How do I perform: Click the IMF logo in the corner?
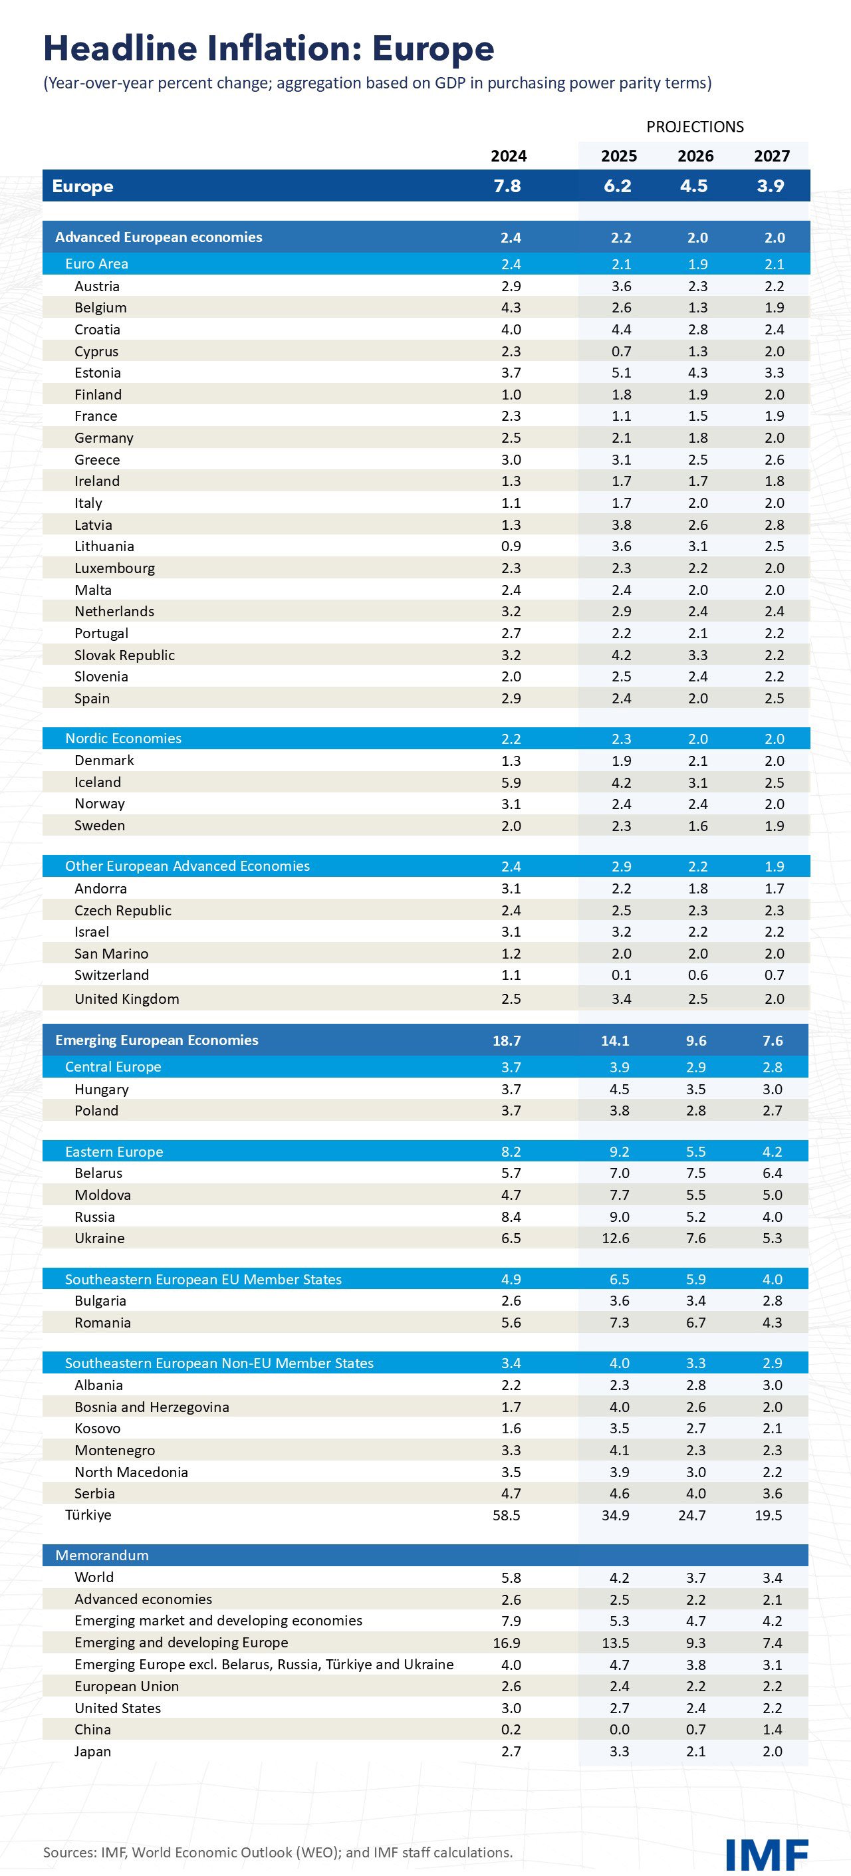click(767, 1853)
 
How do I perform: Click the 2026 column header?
click(695, 156)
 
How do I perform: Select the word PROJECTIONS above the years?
click(694, 127)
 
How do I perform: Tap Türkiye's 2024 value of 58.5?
click(507, 1515)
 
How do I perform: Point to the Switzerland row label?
click(112, 975)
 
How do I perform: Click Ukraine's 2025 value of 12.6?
click(616, 1238)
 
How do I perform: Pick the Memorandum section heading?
click(102, 1555)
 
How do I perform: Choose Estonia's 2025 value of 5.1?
click(621, 373)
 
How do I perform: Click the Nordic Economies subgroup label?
click(123, 739)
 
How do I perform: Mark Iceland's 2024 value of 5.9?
click(511, 782)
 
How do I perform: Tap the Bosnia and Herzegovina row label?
click(152, 1407)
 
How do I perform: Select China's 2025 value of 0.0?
click(620, 1730)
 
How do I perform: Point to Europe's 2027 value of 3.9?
click(770, 185)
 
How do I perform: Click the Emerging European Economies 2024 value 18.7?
click(507, 1040)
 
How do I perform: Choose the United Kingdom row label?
click(127, 998)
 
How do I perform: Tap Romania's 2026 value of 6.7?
click(696, 1322)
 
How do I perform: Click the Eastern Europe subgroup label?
click(114, 1151)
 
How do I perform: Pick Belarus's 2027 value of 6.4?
click(773, 1173)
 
